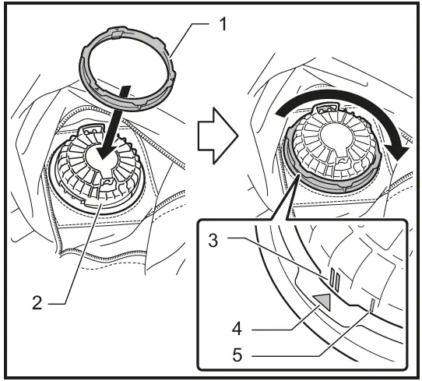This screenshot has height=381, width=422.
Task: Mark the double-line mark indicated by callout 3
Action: (x=332, y=277)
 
